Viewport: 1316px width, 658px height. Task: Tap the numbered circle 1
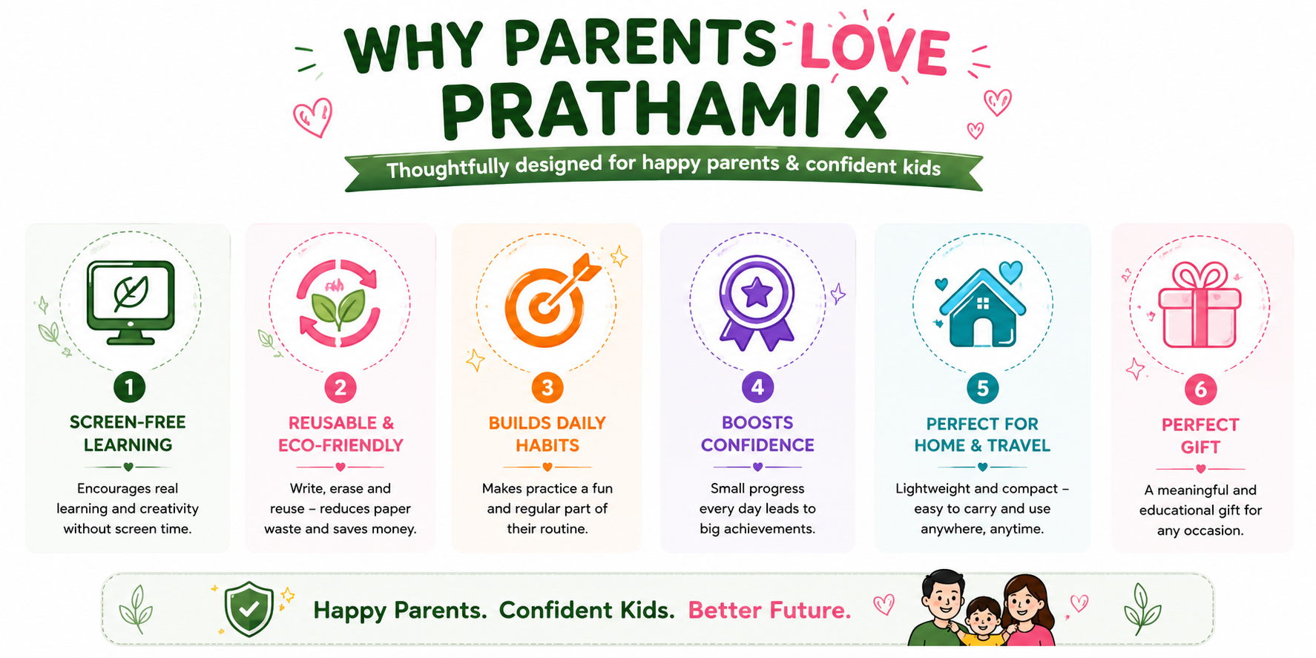[129, 386]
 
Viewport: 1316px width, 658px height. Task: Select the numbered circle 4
[757, 386]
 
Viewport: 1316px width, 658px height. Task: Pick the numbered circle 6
[1200, 389]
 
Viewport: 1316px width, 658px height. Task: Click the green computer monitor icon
[131, 302]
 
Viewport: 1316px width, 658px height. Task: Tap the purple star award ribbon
[757, 303]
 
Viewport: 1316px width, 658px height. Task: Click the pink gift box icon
[1200, 305]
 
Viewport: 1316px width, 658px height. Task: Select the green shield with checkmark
[249, 608]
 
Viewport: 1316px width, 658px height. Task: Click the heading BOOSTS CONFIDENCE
[757, 434]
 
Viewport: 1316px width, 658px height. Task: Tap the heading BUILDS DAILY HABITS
[547, 434]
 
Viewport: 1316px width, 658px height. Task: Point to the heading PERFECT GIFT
[1200, 435]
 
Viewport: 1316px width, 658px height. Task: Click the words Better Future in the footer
[769, 611]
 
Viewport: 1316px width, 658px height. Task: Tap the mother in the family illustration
[1029, 611]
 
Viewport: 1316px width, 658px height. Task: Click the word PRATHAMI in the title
[631, 111]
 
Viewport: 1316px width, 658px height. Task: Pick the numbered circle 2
[340, 387]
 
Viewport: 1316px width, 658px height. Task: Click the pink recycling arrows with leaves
[338, 303]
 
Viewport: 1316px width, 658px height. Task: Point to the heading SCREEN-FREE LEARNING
[128, 433]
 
